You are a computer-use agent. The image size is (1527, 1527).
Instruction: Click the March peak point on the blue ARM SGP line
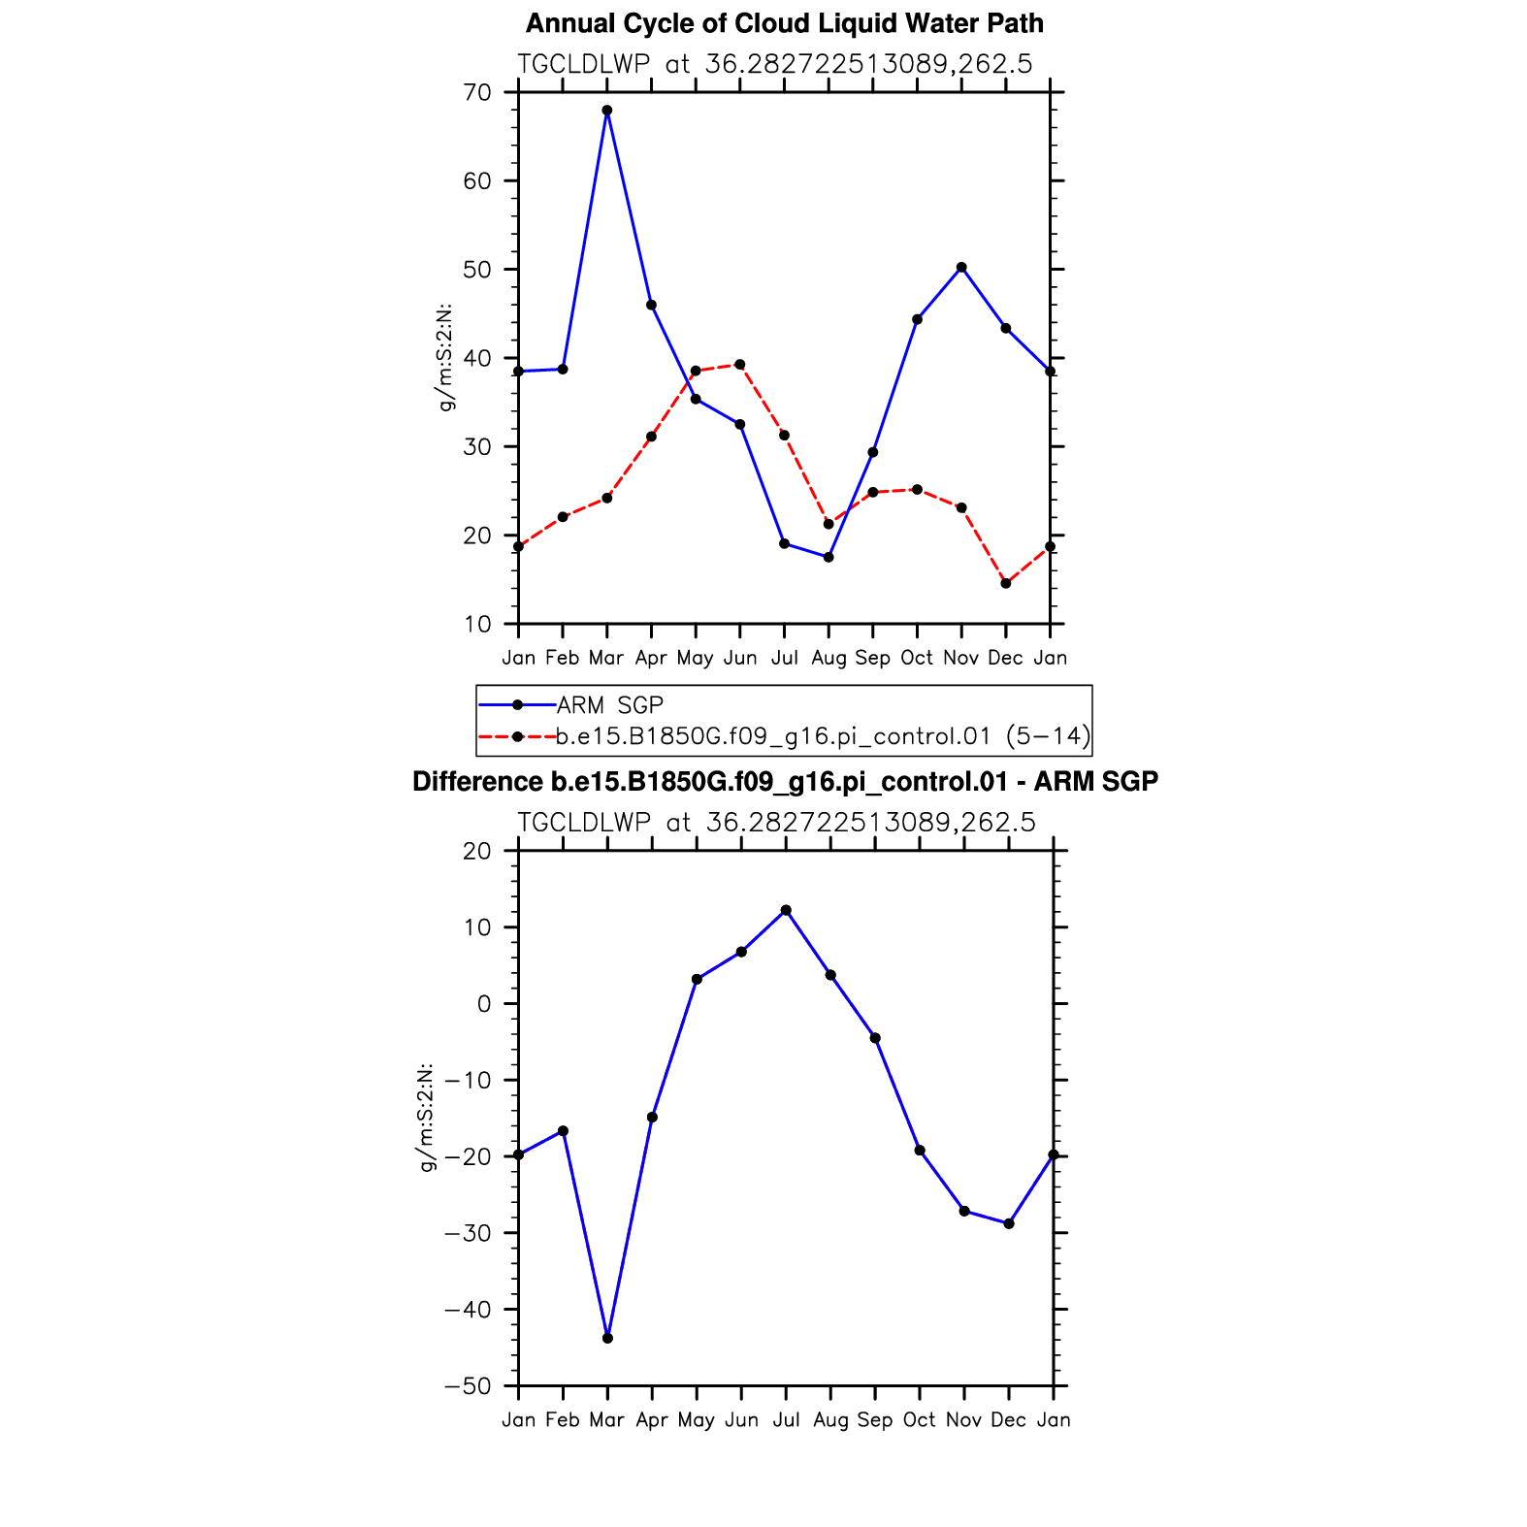click(607, 111)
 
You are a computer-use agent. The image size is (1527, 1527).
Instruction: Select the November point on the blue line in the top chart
click(961, 268)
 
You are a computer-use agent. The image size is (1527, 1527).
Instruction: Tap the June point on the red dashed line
click(740, 365)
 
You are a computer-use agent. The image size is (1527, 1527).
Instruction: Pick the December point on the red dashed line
click(1006, 584)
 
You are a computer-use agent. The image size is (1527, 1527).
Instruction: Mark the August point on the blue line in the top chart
click(828, 558)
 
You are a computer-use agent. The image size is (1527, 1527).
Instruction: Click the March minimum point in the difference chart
click(608, 1339)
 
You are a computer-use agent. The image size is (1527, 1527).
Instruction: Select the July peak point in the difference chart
click(786, 911)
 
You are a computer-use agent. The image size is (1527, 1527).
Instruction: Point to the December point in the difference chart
click(1009, 1224)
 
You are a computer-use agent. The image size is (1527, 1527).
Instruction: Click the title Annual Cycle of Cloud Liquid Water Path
click(784, 23)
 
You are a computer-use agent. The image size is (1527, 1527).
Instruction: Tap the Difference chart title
click(785, 782)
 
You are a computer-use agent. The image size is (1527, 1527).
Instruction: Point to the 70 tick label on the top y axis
click(477, 93)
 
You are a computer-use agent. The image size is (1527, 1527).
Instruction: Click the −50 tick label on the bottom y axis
click(468, 1386)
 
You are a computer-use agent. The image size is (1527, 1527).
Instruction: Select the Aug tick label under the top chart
click(828, 659)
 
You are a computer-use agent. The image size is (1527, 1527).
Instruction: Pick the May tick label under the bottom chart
click(697, 1421)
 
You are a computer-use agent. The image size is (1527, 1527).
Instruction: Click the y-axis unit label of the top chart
click(446, 358)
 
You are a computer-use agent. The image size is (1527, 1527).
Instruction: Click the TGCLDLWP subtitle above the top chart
click(774, 65)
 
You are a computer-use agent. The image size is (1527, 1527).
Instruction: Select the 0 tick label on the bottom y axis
click(484, 1004)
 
